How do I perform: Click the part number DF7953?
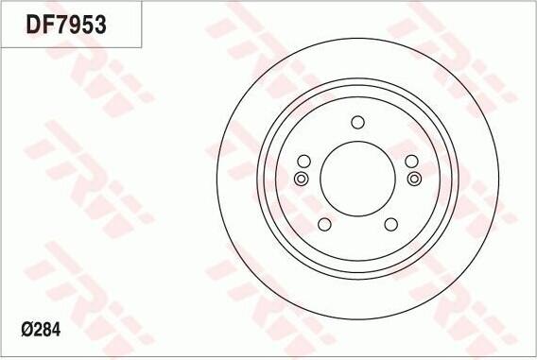(66, 25)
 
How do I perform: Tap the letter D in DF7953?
(33, 25)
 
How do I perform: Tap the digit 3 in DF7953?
(100, 25)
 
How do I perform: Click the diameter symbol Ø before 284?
(26, 330)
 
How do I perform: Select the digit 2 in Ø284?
(37, 330)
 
